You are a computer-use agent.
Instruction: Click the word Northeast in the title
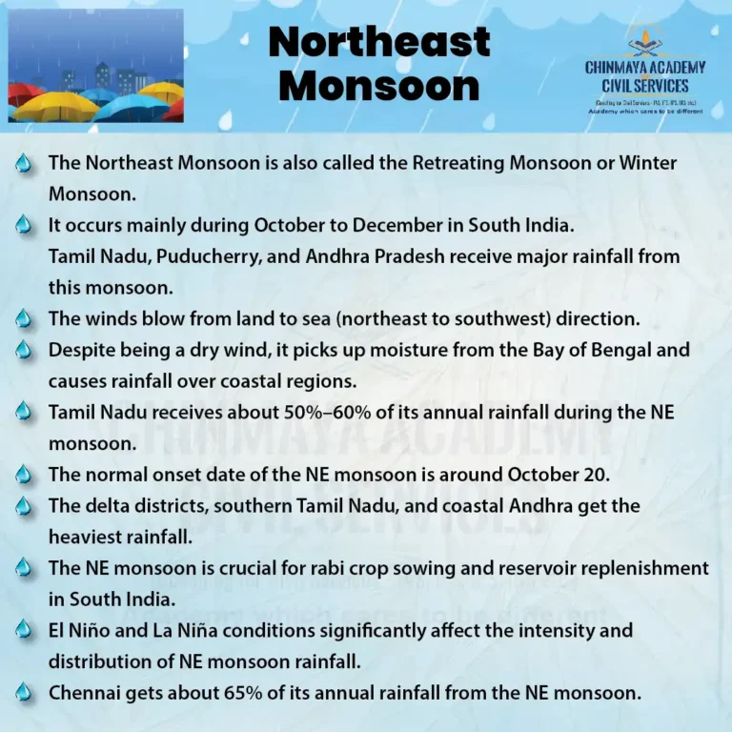(x=379, y=42)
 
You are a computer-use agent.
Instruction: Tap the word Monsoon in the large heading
(x=379, y=86)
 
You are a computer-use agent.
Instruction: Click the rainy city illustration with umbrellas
(x=95, y=66)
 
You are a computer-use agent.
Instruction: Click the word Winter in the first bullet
(x=648, y=163)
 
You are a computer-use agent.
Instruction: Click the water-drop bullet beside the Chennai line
(x=25, y=693)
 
